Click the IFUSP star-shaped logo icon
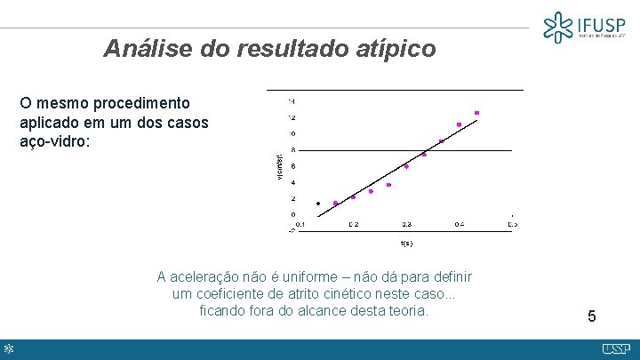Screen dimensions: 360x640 [x=559, y=28]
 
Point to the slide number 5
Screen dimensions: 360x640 [x=592, y=316]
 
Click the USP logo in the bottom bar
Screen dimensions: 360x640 [x=616, y=348]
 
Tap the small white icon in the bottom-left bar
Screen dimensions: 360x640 [x=9, y=348]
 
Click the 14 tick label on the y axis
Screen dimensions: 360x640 [x=292, y=100]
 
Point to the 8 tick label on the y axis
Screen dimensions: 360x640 [x=293, y=149]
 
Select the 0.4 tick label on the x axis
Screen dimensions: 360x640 [x=459, y=224]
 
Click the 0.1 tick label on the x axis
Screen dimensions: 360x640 [x=300, y=224]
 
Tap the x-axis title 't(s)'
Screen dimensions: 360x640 [x=407, y=242]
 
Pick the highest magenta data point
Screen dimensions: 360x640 [x=476, y=113]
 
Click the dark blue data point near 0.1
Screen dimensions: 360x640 [x=318, y=204]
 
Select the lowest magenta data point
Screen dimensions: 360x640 [x=335, y=204]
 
